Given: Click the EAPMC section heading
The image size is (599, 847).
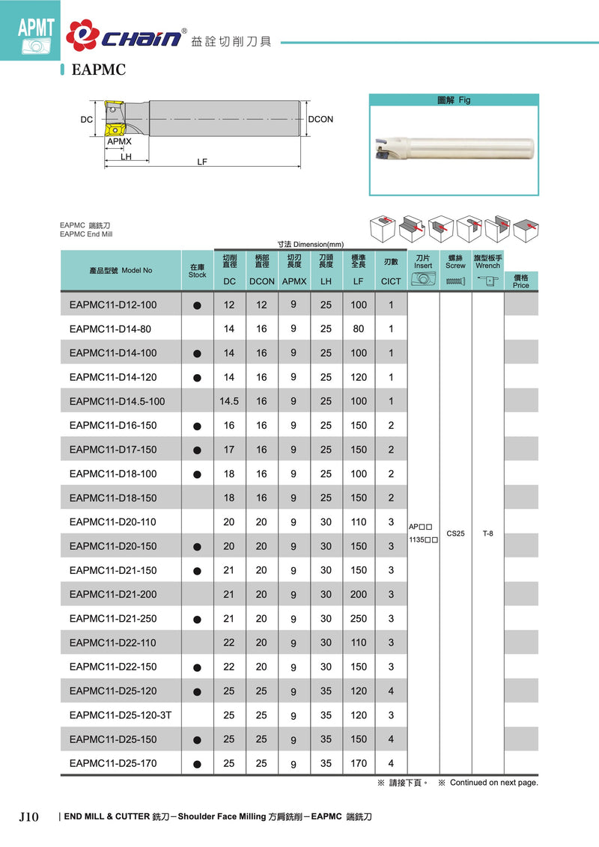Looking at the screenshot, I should click(97, 71).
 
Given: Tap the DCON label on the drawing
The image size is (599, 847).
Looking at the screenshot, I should click(320, 119).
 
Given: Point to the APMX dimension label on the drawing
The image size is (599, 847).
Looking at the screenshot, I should click(119, 141).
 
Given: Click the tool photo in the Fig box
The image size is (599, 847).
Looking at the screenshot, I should click(453, 150).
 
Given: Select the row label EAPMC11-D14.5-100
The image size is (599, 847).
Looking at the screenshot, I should click(116, 401).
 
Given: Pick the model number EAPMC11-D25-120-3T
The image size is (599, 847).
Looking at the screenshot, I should click(120, 715).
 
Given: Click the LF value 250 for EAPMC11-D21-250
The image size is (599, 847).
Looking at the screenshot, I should click(359, 619).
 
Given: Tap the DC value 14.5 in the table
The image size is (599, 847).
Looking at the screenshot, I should click(229, 401).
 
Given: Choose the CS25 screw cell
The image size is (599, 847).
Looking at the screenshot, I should click(455, 533).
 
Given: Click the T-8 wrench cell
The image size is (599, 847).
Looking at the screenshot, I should click(487, 533).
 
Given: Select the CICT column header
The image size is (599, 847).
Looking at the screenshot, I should click(391, 281).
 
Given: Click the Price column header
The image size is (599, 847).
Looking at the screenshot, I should click(521, 281).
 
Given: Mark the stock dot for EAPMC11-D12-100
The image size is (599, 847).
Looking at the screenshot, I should click(197, 305).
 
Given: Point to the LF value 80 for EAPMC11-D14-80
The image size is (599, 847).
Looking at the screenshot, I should click(359, 328).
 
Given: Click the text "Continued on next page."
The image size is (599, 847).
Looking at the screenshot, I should click(493, 783).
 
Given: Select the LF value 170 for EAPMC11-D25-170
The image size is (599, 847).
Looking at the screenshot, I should click(359, 764).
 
